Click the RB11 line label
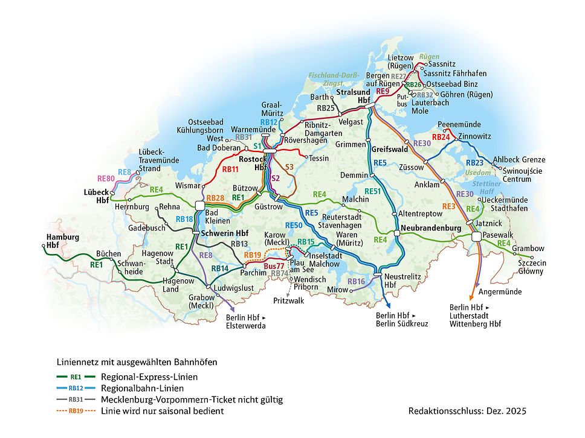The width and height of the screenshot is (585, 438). click(230, 170)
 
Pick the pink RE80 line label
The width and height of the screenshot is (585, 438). click(106, 179)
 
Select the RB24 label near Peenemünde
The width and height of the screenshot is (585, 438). click(441, 137)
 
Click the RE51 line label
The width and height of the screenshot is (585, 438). click(373, 191)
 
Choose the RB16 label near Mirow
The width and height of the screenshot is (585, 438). click(357, 282)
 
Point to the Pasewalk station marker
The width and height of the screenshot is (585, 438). click(477, 236)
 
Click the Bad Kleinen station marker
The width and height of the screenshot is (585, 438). click(200, 205)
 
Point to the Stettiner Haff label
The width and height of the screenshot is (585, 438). click(487, 187)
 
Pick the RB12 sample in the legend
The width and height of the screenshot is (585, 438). click(76, 388)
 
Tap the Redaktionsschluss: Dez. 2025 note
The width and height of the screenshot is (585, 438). click(467, 411)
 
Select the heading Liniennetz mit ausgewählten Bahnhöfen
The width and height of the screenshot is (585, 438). click(137, 362)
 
